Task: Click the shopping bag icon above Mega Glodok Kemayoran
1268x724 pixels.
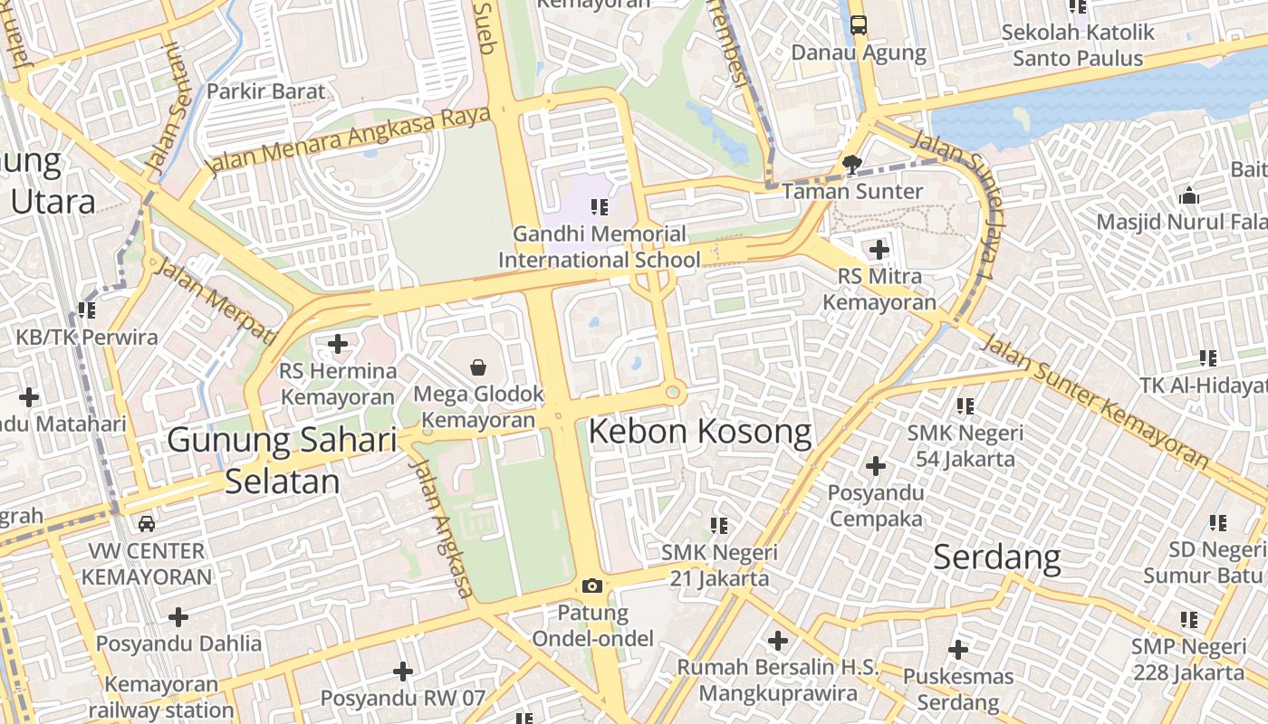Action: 478,367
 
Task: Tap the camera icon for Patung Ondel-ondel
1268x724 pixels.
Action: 592,586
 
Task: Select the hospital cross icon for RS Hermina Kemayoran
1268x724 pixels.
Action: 338,344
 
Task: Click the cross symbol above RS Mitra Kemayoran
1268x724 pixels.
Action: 879,249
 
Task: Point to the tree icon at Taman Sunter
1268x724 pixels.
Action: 850,164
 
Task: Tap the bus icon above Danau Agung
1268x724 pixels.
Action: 858,25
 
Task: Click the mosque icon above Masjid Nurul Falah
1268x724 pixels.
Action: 1188,195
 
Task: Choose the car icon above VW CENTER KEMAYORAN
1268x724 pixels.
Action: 147,523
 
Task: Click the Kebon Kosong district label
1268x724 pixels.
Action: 700,432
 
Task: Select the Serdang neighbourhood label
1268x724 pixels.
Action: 996,557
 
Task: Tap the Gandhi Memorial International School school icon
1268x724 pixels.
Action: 599,207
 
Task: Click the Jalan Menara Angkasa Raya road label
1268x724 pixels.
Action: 349,140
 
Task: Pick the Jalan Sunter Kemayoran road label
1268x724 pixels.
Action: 1096,401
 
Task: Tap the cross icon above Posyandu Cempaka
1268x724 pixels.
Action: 875,466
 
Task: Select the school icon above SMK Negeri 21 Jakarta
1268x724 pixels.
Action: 719,525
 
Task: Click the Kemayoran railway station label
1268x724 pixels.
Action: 161,697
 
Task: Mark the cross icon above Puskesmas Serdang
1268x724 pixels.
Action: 958,649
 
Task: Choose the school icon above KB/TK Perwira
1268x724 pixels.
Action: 87,310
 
